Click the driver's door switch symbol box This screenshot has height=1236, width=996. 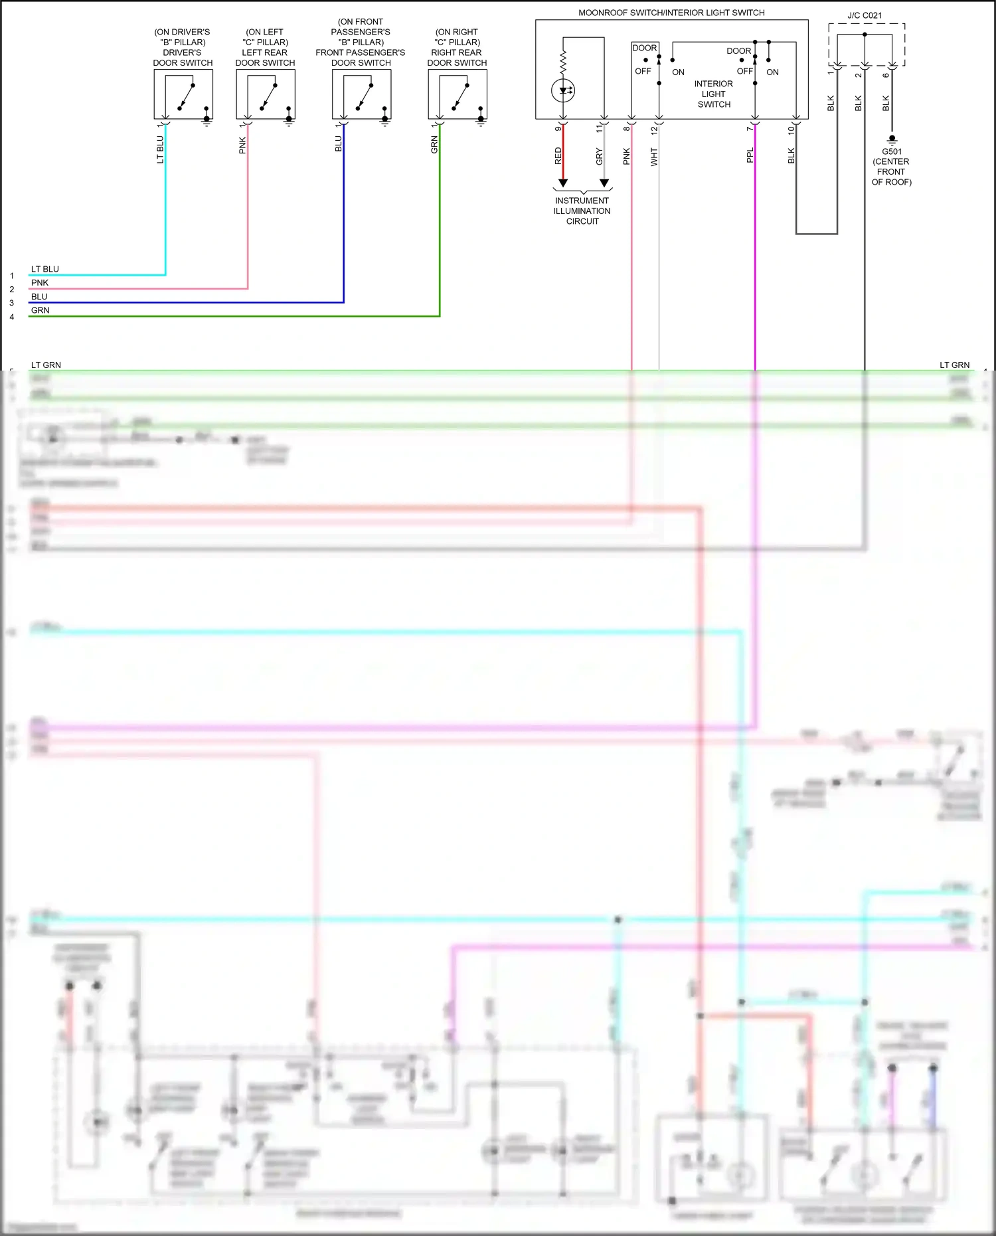coord(183,94)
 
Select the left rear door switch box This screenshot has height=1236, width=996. coord(266,94)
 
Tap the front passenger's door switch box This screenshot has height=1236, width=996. coord(361,94)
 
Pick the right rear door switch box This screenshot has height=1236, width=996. coord(457,94)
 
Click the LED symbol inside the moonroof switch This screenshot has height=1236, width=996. coord(563,90)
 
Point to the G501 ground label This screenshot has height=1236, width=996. coord(892,151)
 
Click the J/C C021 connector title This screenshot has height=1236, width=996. coord(865,15)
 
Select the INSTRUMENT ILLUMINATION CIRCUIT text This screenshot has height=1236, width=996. coord(582,211)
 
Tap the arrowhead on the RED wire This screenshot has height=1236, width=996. coord(563,183)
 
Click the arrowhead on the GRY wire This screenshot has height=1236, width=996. coord(604,183)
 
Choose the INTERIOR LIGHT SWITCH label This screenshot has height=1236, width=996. coord(714,94)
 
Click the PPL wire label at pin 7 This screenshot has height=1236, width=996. coord(750,155)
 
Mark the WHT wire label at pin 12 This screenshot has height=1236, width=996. coord(654,157)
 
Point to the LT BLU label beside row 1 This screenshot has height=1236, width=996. coord(45,269)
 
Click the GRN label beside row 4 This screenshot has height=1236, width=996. coord(41,310)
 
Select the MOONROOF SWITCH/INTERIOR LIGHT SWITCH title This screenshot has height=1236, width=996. coord(671,13)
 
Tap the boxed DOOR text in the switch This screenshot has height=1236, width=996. coord(645,48)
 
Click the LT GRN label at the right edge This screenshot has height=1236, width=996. coord(954,365)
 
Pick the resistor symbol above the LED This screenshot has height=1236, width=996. coord(563,63)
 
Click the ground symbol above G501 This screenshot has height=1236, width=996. coord(892,139)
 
